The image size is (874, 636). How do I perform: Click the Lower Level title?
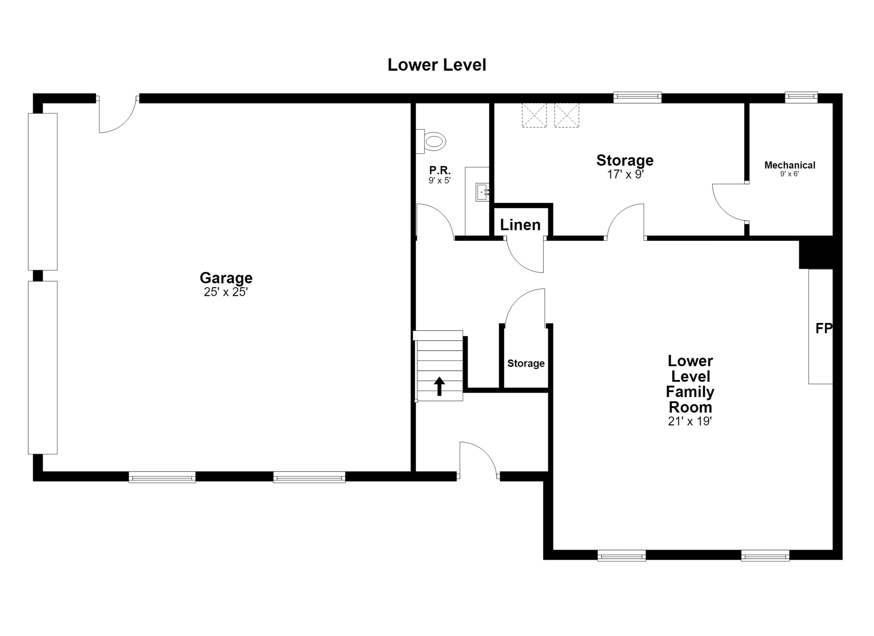pyautogui.click(x=437, y=65)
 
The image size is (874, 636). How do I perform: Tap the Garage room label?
pyautogui.click(x=226, y=278)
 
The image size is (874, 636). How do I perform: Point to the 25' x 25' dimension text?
pyautogui.click(x=226, y=292)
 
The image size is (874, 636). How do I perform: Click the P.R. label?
pyautogui.click(x=440, y=170)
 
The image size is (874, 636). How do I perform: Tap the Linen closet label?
pyautogui.click(x=520, y=225)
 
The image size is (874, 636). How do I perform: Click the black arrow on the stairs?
pyautogui.click(x=439, y=386)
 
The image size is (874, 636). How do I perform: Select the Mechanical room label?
pyautogui.click(x=790, y=165)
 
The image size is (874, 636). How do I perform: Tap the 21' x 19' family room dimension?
pyautogui.click(x=690, y=421)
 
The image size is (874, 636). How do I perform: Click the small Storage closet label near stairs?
pyautogui.click(x=526, y=363)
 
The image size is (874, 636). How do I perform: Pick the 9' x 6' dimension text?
pyautogui.click(x=790, y=174)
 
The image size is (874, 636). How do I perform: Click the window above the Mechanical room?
pyautogui.click(x=801, y=97)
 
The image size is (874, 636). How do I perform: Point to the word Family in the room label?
pyautogui.click(x=690, y=392)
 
